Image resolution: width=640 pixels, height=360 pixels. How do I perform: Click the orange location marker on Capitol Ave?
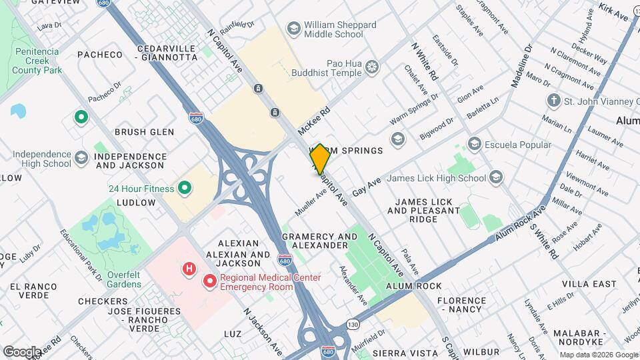(x=319, y=159)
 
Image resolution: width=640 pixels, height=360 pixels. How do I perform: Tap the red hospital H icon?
(x=189, y=269)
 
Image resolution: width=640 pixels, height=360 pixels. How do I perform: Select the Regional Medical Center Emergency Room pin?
(x=210, y=281)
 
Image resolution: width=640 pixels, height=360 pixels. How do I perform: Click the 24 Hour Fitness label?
(x=141, y=189)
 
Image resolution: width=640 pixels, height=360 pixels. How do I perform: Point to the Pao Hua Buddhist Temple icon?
(x=371, y=67)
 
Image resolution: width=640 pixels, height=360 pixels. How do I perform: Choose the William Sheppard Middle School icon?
(x=293, y=28)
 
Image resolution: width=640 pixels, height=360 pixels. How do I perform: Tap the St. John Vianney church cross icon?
(x=553, y=101)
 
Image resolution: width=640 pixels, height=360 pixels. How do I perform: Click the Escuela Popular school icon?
(x=474, y=144)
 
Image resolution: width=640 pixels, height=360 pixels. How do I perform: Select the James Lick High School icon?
(x=495, y=177)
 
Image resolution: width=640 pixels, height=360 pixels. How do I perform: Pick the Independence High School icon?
(x=81, y=158)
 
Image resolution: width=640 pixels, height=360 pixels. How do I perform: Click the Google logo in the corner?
(x=21, y=351)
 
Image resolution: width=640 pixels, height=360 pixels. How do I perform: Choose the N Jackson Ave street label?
(x=262, y=331)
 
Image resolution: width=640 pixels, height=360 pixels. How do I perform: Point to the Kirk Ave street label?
(x=613, y=11)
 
